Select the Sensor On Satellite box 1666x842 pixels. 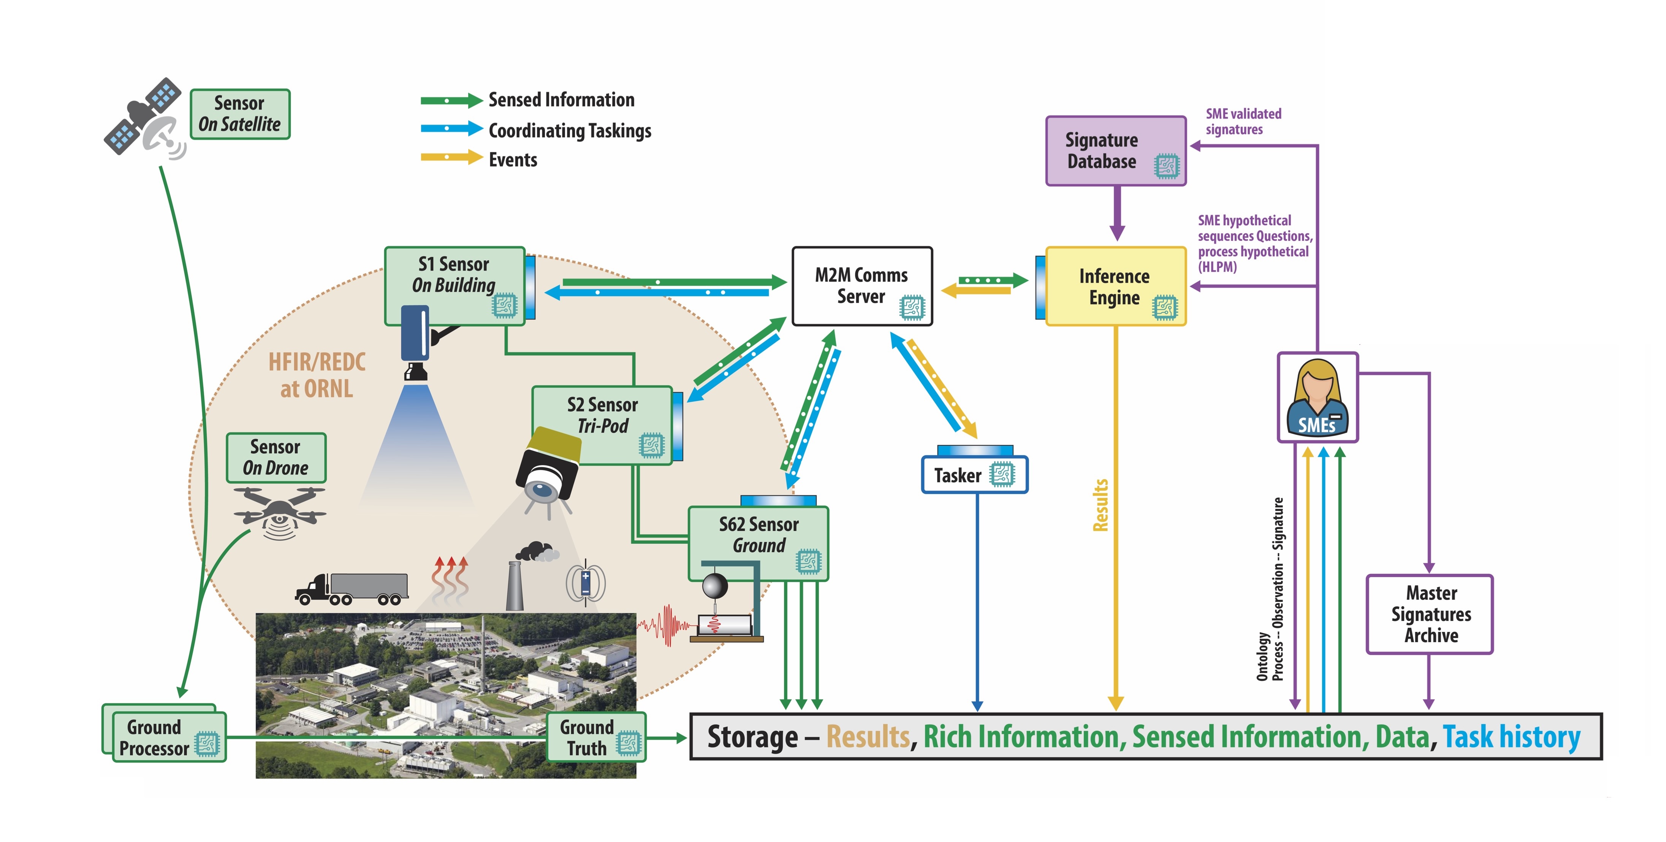pos(240,114)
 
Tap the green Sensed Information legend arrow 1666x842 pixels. pos(451,100)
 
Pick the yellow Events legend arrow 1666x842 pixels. pos(451,157)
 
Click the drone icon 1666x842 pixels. pos(279,511)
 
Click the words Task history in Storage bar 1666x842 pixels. pos(1511,737)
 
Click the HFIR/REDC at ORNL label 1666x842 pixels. pos(317,375)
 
